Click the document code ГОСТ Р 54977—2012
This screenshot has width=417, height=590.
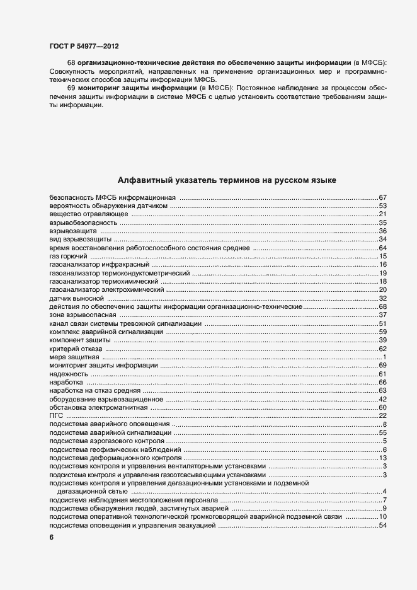pyautogui.click(x=83, y=46)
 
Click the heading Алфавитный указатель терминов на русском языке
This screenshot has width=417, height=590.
pyautogui.click(x=226, y=180)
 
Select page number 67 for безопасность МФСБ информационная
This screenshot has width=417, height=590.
pyautogui.click(x=382, y=198)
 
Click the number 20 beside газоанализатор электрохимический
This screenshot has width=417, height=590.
pyautogui.click(x=382, y=289)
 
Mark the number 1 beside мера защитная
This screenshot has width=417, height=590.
pyautogui.click(x=384, y=357)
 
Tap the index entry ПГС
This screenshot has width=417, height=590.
pyautogui.click(x=55, y=415)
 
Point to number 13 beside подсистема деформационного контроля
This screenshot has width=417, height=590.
pyautogui.click(x=382, y=457)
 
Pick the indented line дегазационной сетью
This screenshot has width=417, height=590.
pyautogui.click(x=93, y=491)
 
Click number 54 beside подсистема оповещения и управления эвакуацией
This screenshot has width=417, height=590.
pyautogui.click(x=382, y=525)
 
